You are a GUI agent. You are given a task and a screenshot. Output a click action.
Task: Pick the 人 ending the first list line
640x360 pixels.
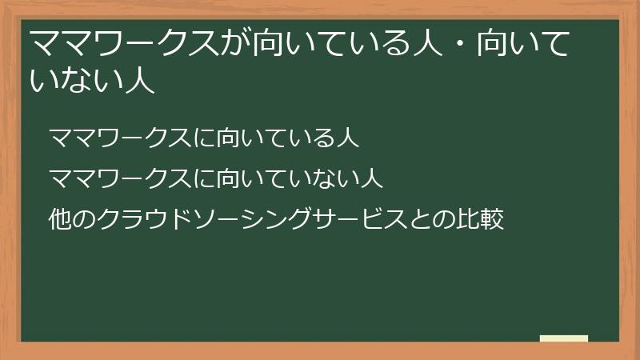pyautogui.click(x=346, y=138)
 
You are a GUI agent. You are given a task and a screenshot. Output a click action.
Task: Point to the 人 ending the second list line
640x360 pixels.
pyautogui.click(x=370, y=178)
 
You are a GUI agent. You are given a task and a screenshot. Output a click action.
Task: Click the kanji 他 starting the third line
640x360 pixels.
pyautogui.click(x=60, y=218)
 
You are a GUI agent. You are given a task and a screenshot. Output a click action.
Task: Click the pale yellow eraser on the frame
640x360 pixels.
pyautogui.click(x=563, y=339)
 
